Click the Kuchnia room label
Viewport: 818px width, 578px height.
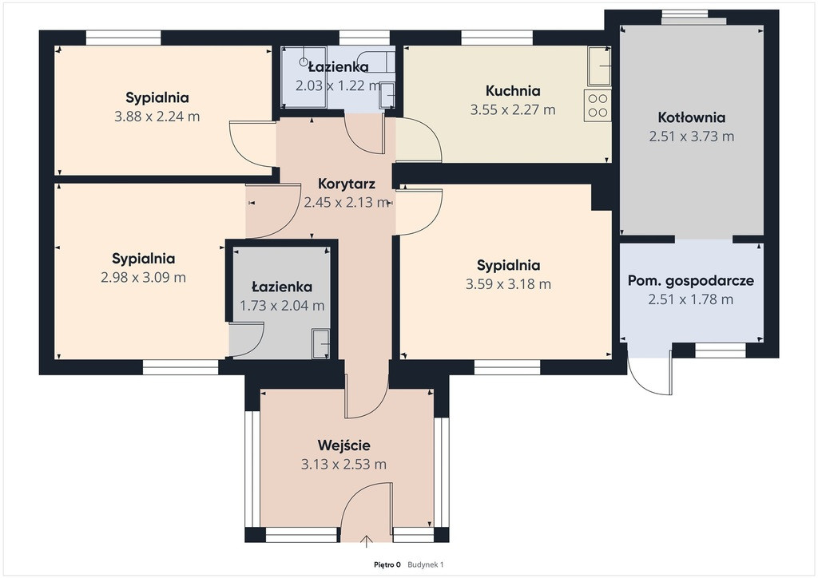pos(513,91)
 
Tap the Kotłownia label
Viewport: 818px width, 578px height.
pos(691,117)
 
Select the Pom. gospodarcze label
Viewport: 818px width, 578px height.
pos(691,281)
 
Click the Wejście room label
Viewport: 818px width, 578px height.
pos(343,445)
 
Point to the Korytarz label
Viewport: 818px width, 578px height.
pos(347,184)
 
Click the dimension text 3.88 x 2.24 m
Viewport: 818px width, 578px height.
pos(157,117)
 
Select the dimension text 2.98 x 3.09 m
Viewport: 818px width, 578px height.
pos(144,277)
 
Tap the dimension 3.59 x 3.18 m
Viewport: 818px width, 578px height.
pos(508,284)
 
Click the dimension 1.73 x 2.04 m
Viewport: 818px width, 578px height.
pos(282,306)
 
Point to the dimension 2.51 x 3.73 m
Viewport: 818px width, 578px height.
pos(692,137)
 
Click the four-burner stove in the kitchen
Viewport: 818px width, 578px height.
pos(598,106)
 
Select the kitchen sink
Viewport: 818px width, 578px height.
pos(599,66)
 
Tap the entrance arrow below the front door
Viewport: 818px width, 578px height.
pos(367,541)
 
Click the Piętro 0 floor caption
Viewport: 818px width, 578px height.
pos(387,564)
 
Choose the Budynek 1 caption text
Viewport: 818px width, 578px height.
pos(425,564)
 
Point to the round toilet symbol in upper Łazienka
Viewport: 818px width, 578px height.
pos(304,61)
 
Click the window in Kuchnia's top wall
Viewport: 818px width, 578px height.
pos(497,38)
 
